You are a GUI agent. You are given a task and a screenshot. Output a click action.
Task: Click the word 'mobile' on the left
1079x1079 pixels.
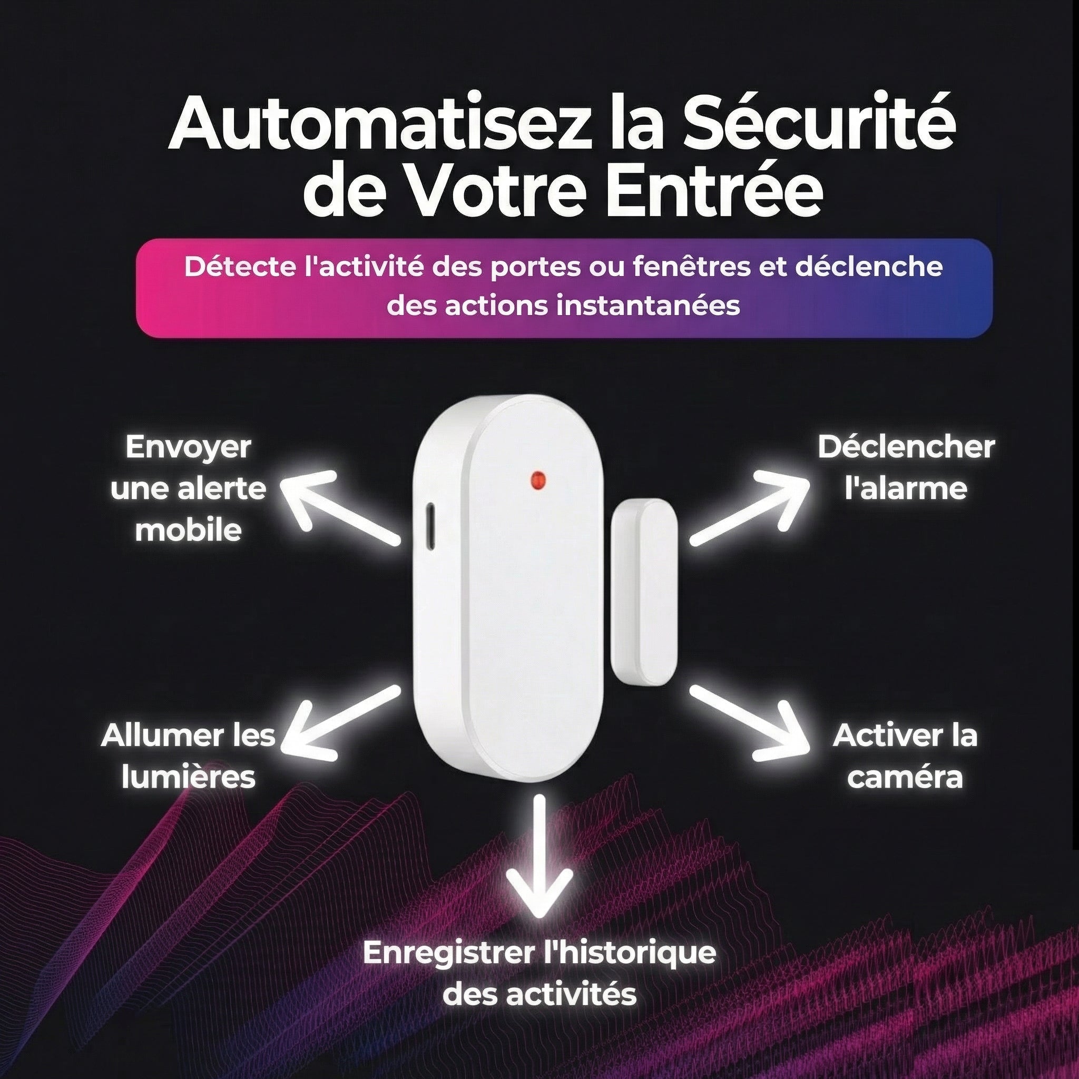click(188, 530)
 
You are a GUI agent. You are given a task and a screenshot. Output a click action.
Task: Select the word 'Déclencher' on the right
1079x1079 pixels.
click(906, 447)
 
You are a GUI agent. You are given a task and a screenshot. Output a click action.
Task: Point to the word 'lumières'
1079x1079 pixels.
click(188, 777)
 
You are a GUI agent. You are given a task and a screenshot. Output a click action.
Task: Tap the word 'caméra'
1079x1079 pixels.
click(905, 778)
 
